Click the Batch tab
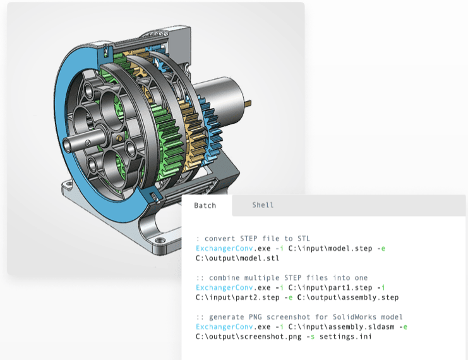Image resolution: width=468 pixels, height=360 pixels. [x=205, y=205]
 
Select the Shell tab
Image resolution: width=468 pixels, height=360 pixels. [x=263, y=205]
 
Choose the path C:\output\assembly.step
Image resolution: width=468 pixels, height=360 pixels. [x=344, y=297]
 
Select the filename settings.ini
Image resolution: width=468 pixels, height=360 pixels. [x=345, y=337]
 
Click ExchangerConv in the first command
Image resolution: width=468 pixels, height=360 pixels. [x=220, y=249]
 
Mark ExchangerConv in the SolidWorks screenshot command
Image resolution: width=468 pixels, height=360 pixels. [x=220, y=327]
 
